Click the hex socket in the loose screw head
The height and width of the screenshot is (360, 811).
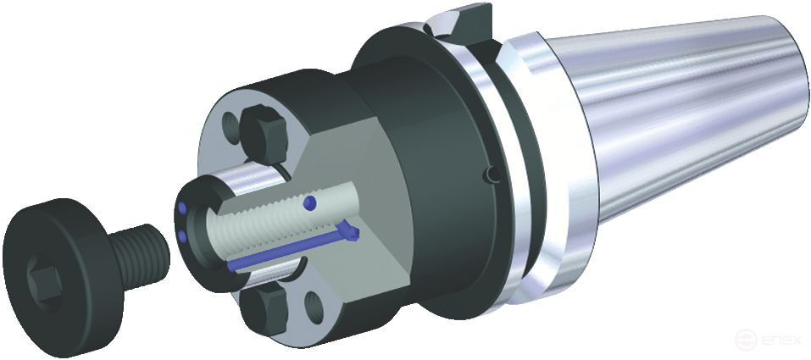(x=43, y=280)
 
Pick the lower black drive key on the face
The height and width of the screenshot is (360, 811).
(x=266, y=309)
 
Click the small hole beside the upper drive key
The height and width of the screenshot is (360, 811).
(x=231, y=128)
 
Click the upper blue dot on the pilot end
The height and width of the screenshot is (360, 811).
(x=181, y=208)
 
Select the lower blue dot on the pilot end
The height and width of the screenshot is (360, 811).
(x=181, y=235)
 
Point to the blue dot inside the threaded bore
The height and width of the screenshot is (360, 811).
(x=310, y=202)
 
